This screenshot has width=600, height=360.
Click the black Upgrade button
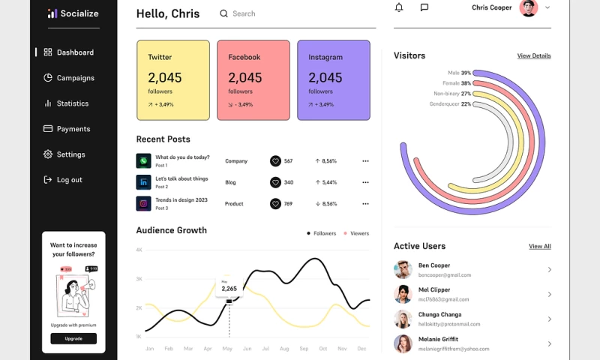[73, 339]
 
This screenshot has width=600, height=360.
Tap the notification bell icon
[399, 7]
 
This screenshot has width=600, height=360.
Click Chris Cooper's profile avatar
[529, 7]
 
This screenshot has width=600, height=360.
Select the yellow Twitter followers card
[173, 80]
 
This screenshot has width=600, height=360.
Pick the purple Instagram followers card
[334, 80]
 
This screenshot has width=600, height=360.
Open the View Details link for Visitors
[534, 56]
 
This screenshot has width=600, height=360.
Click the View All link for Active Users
[540, 246]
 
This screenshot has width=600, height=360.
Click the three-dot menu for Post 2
[365, 182]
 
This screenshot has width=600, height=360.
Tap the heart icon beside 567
[275, 161]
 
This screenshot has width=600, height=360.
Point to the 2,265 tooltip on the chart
[229, 288]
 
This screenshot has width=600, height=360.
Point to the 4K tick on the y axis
[139, 250]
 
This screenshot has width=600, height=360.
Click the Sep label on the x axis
[304, 349]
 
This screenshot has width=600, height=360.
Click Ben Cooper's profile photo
[403, 269]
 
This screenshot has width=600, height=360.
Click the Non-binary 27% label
[451, 94]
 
